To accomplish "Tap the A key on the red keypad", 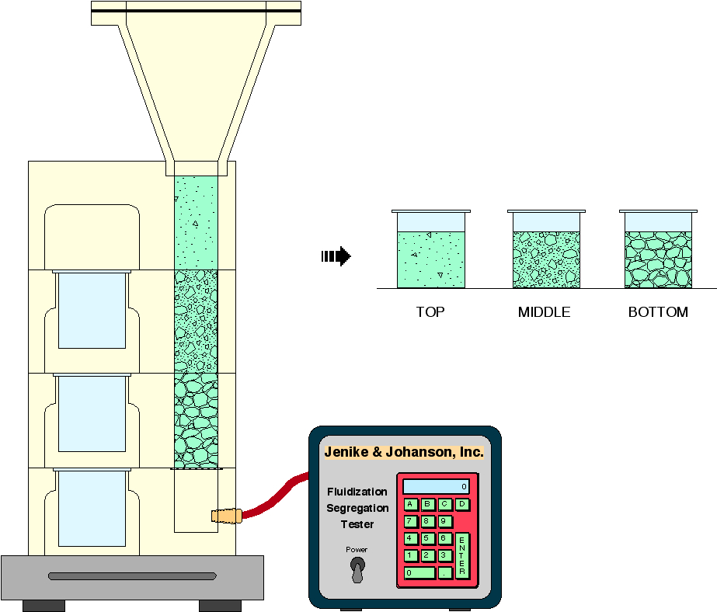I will (x=410, y=504).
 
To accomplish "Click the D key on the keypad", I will (x=461, y=504).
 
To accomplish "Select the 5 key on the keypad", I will (x=427, y=538).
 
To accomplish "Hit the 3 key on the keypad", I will (x=444, y=555).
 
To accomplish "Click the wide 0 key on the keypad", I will (x=419, y=573).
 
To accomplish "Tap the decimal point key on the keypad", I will (x=444, y=573).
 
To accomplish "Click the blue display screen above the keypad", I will (x=436, y=487).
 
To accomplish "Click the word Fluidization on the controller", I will (x=357, y=492).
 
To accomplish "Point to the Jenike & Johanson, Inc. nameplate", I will (x=403, y=452).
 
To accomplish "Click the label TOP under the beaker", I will (x=430, y=312).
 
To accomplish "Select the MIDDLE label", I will (x=544, y=312).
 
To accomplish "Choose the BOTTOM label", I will (x=658, y=312).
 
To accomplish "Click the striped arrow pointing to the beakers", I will (x=336, y=256).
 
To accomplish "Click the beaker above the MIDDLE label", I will (x=546, y=250).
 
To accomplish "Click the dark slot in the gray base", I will (x=132, y=576).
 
